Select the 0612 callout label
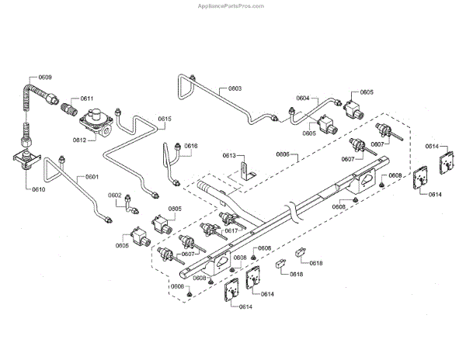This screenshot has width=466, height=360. click(x=79, y=140)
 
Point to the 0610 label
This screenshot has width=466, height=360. click(x=37, y=189)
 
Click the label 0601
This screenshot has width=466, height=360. click(x=92, y=177)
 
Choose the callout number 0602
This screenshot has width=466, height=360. click(x=114, y=196)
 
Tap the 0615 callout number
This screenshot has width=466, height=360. click(x=165, y=119)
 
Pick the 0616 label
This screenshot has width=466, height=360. click(x=191, y=146)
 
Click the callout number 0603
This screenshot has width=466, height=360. click(x=235, y=88)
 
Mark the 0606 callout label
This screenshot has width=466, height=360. click(x=283, y=154)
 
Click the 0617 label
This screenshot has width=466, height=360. click(x=231, y=230)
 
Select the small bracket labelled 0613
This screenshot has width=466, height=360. click(x=246, y=172)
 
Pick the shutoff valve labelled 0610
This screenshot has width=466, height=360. click(x=30, y=159)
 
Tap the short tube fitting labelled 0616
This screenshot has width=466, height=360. click(x=172, y=158)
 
